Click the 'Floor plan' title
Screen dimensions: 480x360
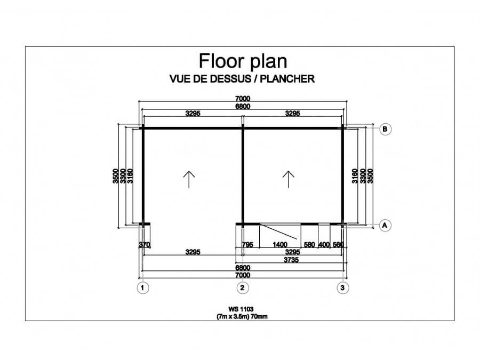(x=243, y=61)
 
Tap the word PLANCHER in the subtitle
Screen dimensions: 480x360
(x=287, y=79)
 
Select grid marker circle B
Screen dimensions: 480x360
(x=385, y=129)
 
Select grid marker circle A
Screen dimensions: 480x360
(x=385, y=226)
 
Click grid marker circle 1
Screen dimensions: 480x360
(x=142, y=288)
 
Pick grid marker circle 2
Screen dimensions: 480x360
(x=243, y=288)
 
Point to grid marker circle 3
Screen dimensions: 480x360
(x=342, y=288)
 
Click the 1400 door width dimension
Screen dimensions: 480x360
(x=280, y=245)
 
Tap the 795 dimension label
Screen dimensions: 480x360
(x=247, y=245)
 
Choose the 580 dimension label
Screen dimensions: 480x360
(x=309, y=245)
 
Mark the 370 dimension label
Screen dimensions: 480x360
(x=144, y=245)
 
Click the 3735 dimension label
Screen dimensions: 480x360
(x=291, y=260)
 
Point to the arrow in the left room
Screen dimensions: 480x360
(x=189, y=179)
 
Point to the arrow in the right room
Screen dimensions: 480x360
(x=289, y=179)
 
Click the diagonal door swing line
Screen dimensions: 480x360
(x=278, y=231)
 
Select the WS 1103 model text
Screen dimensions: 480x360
(x=241, y=309)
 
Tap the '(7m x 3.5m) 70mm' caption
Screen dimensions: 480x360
(x=242, y=316)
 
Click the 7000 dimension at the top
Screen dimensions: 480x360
(x=243, y=99)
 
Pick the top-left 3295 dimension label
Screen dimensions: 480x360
(x=193, y=113)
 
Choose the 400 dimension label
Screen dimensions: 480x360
(x=324, y=245)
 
